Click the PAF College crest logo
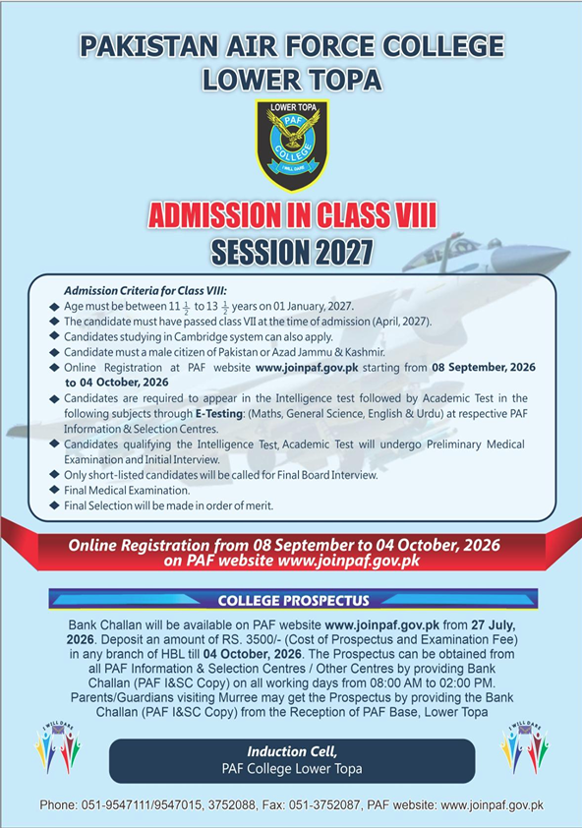pos(292,146)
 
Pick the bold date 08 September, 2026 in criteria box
pos(484,367)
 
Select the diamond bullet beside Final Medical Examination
pos(54,490)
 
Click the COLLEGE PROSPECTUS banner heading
pos(294,601)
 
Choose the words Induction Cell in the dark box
pos(292,751)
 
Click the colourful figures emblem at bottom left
pos(58,746)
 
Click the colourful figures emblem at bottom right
pos(524,746)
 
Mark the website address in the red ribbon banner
pos(349,561)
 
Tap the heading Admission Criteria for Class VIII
pos(145,290)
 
